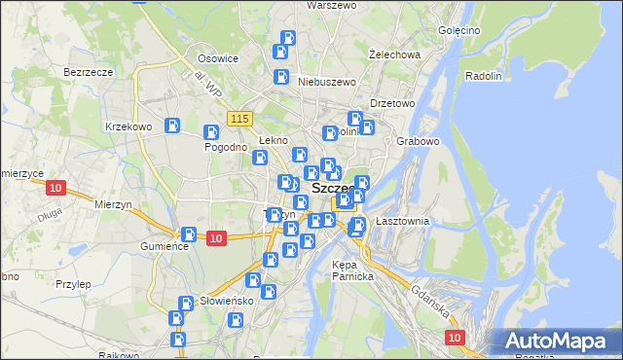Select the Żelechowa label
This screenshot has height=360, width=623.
pyautogui.click(x=394, y=54)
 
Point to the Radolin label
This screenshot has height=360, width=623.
pyautogui.click(x=484, y=76)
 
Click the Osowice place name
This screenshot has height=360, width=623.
pyautogui.click(x=217, y=58)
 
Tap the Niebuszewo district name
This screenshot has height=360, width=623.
pyautogui.click(x=324, y=83)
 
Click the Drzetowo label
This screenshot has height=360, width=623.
pyautogui.click(x=393, y=103)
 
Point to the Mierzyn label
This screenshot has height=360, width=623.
pyautogui.click(x=114, y=204)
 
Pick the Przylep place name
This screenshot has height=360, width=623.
pyautogui.click(x=73, y=284)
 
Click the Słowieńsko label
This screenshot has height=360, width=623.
pyautogui.click(x=226, y=301)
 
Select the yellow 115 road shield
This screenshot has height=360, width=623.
pyautogui.click(x=240, y=119)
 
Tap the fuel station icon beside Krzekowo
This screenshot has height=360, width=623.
pyautogui.click(x=172, y=126)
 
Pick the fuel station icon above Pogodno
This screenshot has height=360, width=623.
pyautogui.click(x=210, y=132)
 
